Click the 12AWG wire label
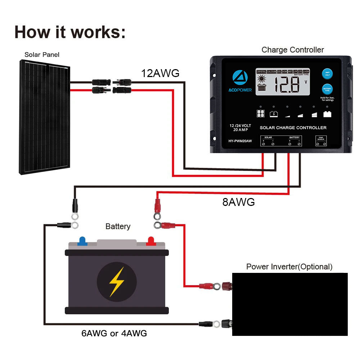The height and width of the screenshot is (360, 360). point(160,73)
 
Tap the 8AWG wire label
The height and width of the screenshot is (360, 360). point(238,202)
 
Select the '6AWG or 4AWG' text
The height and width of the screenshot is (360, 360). point(114,333)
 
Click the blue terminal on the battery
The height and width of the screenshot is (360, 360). point(82,240)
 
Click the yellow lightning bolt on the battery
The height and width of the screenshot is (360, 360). point(117,281)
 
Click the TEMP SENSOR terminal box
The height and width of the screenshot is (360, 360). point(321,141)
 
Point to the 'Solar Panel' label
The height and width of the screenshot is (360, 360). point(42,55)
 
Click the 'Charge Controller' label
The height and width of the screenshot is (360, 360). point(292,50)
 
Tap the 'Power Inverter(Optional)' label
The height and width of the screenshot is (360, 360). point(289,267)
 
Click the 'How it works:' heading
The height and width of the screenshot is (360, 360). point(70,32)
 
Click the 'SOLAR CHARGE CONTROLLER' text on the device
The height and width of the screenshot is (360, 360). point(293,127)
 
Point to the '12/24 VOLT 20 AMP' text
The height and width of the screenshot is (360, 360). point(240,128)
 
